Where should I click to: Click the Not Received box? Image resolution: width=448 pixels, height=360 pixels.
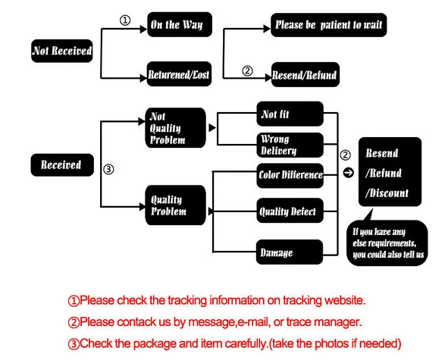click(61, 51)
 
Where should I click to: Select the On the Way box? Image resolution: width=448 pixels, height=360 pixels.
click(180, 24)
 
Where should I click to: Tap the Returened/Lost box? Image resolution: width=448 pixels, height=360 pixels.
click(179, 74)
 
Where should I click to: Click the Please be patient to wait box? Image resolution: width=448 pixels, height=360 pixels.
click(328, 25)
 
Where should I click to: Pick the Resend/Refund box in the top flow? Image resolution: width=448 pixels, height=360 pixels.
click(305, 74)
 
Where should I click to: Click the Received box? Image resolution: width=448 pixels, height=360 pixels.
click(62, 165)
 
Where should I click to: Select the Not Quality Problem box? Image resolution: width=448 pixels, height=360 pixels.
click(175, 128)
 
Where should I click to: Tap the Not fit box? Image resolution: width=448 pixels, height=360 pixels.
click(290, 114)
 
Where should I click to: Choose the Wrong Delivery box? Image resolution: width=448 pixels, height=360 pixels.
click(290, 145)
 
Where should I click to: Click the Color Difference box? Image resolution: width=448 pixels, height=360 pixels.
click(290, 175)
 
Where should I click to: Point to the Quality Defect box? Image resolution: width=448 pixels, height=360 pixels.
click(290, 211)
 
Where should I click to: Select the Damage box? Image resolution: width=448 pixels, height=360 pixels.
click(290, 252)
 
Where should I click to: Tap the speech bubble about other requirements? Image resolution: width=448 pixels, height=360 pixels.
click(387, 243)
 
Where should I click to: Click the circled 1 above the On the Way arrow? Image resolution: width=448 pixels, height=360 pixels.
click(125, 20)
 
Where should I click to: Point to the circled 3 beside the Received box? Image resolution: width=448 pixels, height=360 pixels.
click(108, 169)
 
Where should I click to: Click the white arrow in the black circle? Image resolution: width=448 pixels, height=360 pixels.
click(348, 173)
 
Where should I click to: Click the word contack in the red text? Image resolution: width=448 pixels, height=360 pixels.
click(134, 322)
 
